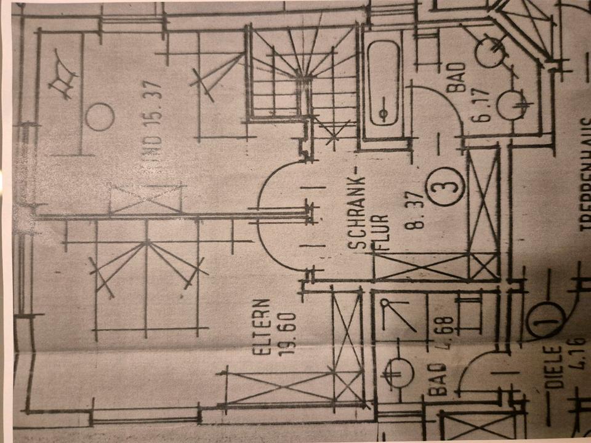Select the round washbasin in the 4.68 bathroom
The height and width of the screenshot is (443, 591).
399,372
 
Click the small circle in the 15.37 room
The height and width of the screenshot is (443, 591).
99,116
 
